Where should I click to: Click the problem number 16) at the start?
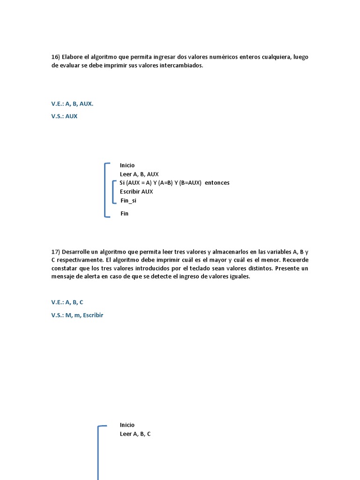click(x=56, y=57)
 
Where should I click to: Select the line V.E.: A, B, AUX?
click(x=72, y=104)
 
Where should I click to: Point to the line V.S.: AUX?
click(x=64, y=116)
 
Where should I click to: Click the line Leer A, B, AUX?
click(x=139, y=174)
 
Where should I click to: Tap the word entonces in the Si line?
click(x=217, y=183)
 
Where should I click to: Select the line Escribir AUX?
click(x=136, y=192)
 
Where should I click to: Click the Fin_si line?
click(x=128, y=201)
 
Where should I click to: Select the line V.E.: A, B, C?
click(x=67, y=302)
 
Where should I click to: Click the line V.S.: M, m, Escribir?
click(x=77, y=315)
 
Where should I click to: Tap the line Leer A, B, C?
click(x=135, y=434)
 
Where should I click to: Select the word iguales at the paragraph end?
click(x=239, y=277)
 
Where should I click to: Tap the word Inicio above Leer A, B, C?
click(x=127, y=425)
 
